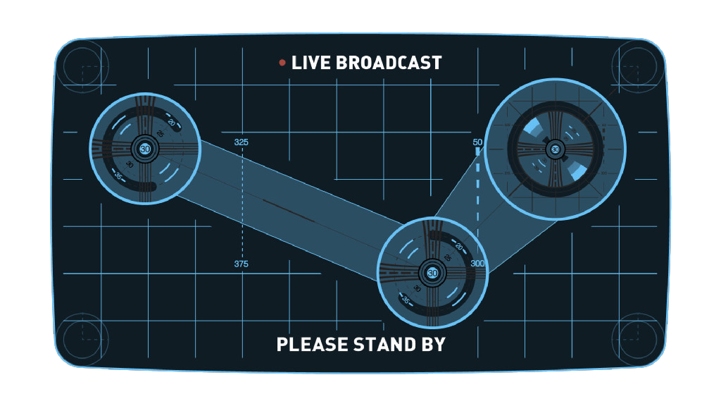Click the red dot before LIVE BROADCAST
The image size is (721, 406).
click(282, 63)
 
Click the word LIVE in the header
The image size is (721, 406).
click(311, 63)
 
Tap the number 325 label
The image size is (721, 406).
click(241, 142)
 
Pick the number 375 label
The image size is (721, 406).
click(241, 264)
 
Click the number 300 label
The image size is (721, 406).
click(478, 264)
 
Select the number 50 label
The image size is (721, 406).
click(477, 142)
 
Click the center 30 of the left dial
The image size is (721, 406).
click(145, 149)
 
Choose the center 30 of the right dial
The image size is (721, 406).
click(556, 149)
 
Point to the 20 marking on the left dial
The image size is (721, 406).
click(171, 122)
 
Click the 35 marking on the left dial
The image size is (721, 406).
click(119, 176)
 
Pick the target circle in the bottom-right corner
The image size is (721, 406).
click(637, 339)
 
